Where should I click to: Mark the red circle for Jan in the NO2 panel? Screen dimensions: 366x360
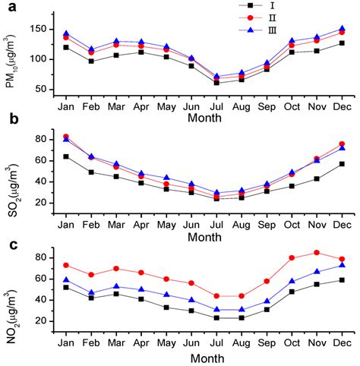67,265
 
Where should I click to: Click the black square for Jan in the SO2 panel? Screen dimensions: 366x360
67,156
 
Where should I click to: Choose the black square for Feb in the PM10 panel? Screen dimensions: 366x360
91,61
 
